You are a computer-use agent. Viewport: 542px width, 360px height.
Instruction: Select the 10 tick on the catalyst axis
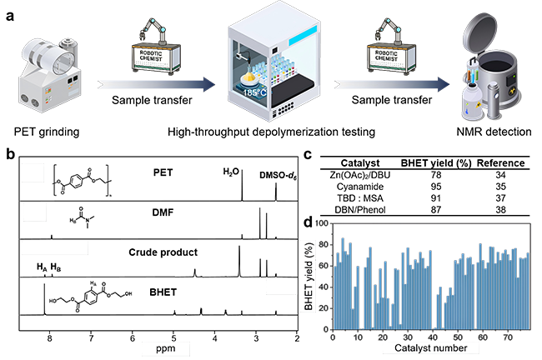358,337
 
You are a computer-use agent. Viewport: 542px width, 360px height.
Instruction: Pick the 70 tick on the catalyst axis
509,337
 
